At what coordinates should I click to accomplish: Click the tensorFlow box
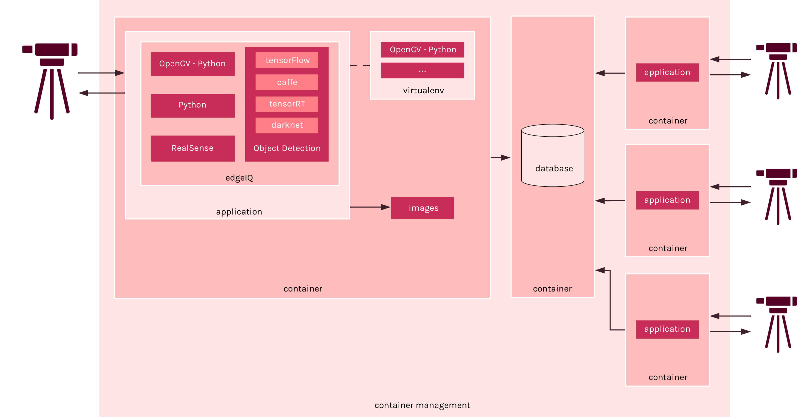click(287, 60)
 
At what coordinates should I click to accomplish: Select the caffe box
click(287, 82)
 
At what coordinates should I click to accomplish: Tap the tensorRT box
click(287, 104)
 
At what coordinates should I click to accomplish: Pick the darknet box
click(287, 125)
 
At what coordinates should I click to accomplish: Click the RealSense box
click(193, 148)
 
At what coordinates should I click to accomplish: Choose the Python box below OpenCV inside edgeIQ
click(193, 106)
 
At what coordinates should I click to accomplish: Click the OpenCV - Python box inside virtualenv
click(422, 49)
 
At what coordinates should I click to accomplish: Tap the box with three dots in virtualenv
click(422, 70)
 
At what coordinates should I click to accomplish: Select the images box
click(422, 208)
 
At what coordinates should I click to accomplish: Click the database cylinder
click(553, 155)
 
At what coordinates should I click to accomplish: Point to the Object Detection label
click(287, 148)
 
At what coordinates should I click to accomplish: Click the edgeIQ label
click(239, 178)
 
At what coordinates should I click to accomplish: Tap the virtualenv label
click(423, 90)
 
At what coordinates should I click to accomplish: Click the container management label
click(422, 405)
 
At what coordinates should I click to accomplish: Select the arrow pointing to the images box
click(370, 207)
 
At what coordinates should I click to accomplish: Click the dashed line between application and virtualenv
click(360, 65)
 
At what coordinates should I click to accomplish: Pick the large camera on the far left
click(50, 81)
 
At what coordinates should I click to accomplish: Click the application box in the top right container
click(667, 72)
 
